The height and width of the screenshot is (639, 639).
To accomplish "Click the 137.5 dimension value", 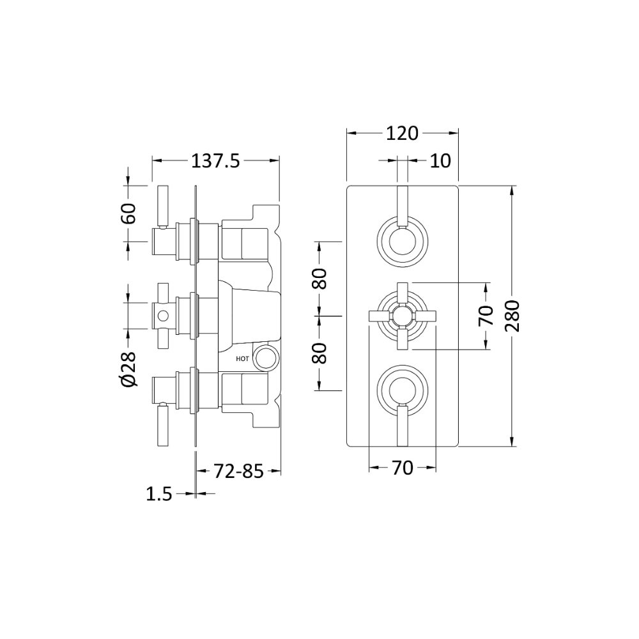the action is [215, 162].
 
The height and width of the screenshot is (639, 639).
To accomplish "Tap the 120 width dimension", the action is [402, 134].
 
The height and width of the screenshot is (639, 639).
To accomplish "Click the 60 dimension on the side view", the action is [128, 213].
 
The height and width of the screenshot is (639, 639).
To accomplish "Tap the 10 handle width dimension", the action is [440, 161].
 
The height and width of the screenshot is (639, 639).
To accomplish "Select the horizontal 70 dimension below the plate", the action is [403, 468].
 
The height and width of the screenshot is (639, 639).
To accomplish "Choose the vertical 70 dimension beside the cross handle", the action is [486, 316].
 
